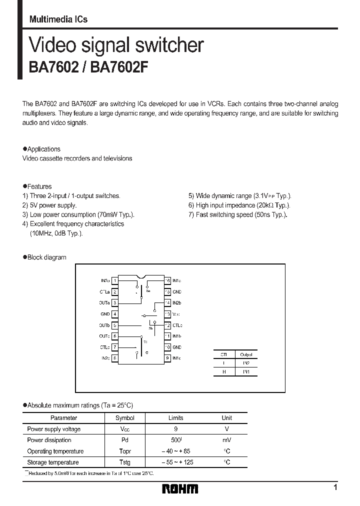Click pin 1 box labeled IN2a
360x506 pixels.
click(x=115, y=281)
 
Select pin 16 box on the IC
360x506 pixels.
click(x=167, y=281)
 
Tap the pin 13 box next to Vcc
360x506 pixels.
click(x=167, y=314)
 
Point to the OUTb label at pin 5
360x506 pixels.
click(x=104, y=325)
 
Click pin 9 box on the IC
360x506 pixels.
click(x=167, y=358)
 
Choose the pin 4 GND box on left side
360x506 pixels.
click(x=115, y=314)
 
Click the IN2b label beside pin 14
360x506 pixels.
click(x=177, y=303)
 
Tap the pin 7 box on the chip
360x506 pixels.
click(x=115, y=347)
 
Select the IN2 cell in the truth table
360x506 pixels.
click(x=246, y=363)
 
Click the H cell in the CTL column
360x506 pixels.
click(x=223, y=372)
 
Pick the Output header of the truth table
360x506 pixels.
click(x=246, y=354)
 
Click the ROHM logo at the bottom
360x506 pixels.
click(x=180, y=488)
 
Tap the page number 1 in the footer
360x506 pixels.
click(x=335, y=487)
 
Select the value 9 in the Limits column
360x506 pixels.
click(x=175, y=429)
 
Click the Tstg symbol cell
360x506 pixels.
click(x=124, y=462)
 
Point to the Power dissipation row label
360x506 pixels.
click(x=49, y=440)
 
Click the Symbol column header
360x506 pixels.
click(x=124, y=418)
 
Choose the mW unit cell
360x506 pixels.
click(x=226, y=440)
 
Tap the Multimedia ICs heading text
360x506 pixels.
click(x=58, y=19)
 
